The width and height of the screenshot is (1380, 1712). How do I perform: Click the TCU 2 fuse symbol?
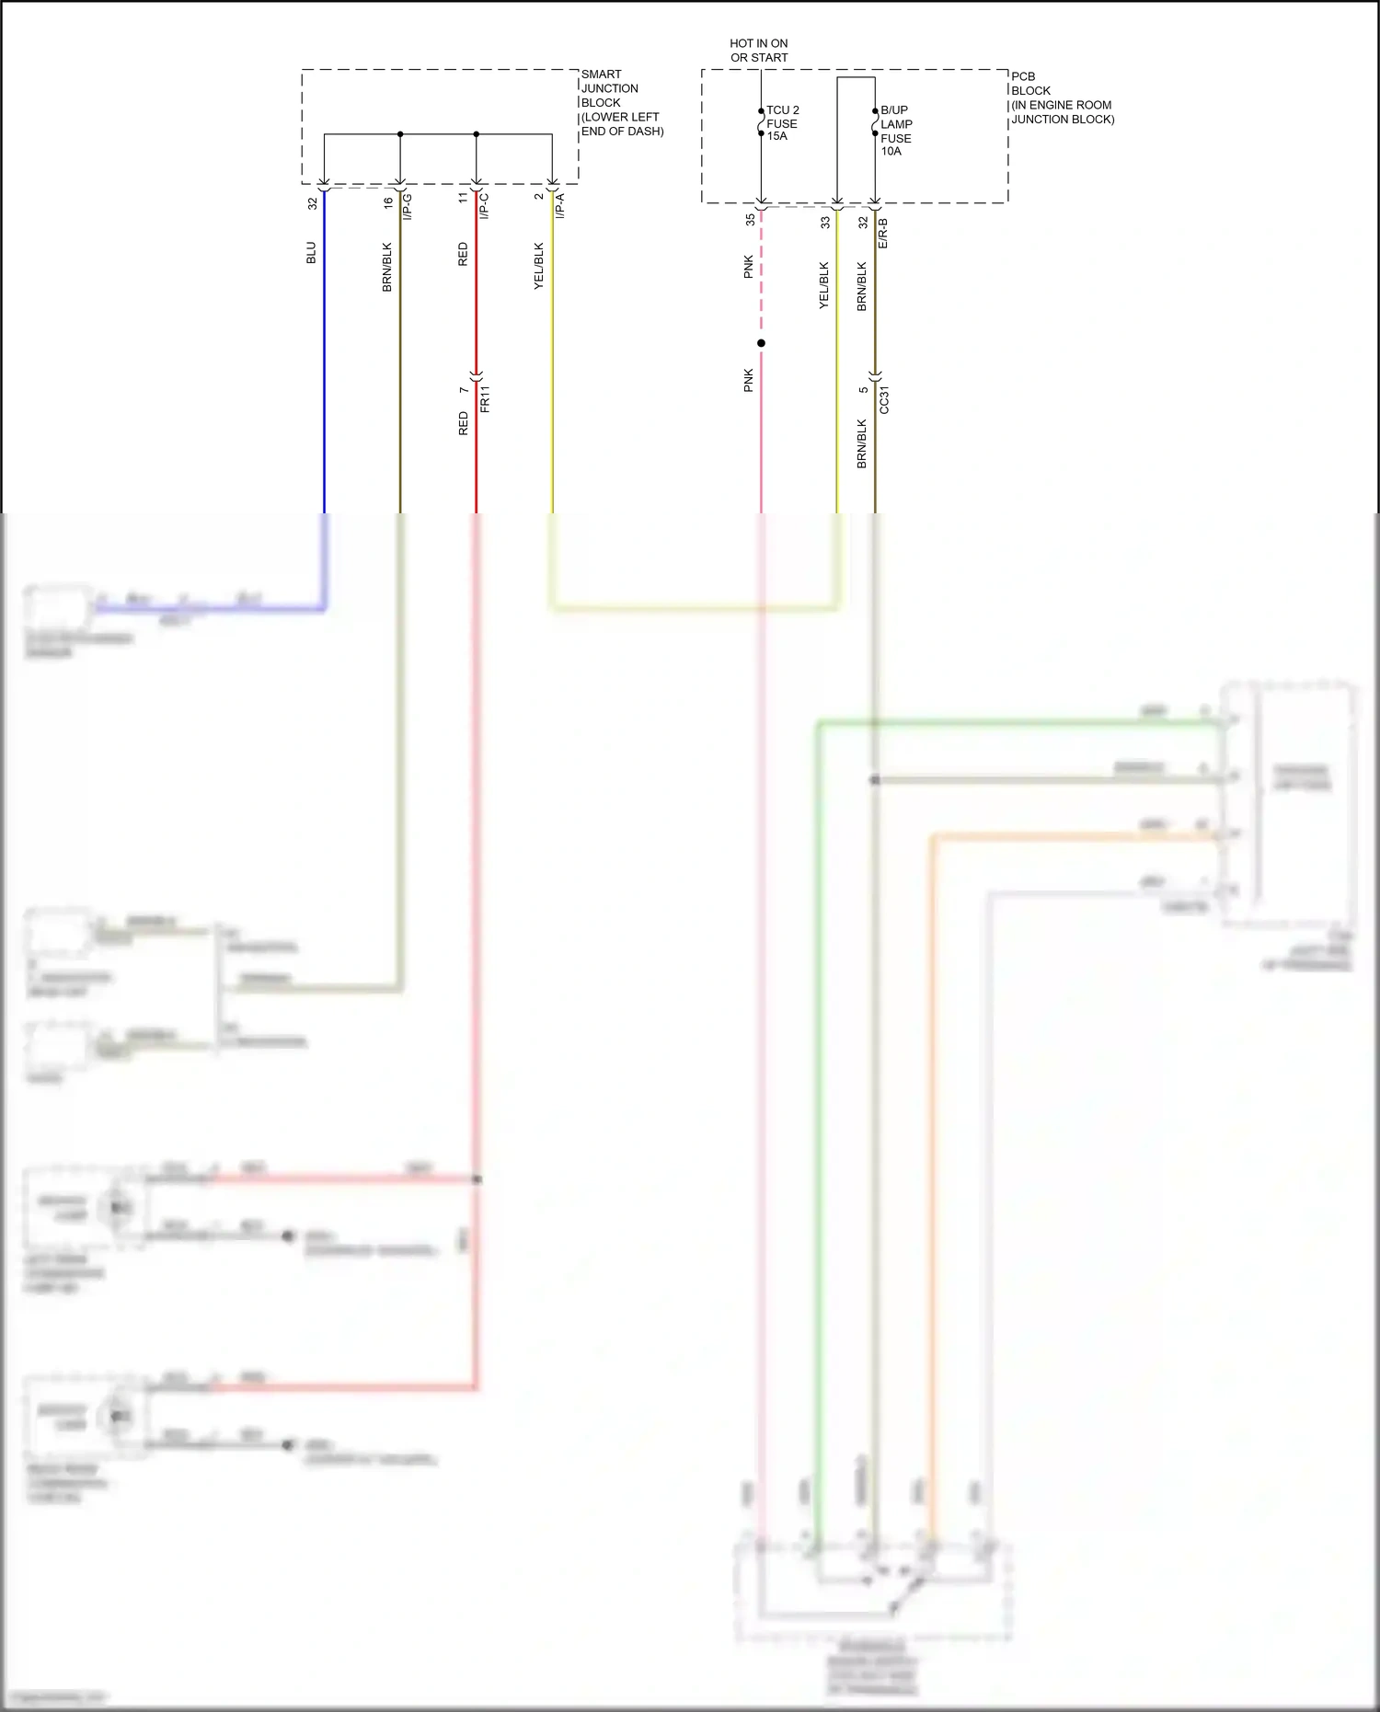point(762,122)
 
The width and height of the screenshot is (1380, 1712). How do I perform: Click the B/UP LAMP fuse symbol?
point(875,122)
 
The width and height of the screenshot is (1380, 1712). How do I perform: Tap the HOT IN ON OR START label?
point(759,51)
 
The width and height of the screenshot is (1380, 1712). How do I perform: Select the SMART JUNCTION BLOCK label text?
point(621,102)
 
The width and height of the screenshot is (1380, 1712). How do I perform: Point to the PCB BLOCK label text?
point(1062,98)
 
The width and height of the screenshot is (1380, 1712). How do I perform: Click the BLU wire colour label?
point(311,253)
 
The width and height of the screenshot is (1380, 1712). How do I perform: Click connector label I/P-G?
point(408,206)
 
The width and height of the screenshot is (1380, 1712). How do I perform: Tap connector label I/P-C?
point(484,206)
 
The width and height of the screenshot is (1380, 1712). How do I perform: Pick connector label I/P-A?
point(560,206)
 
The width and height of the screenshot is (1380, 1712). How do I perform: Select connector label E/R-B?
point(883,233)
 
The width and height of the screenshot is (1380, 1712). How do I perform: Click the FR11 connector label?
point(485,398)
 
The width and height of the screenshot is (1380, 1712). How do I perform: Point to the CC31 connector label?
point(884,399)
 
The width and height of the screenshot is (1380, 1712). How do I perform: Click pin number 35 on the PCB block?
point(750,220)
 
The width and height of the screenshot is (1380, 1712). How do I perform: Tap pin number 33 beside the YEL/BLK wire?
point(825,222)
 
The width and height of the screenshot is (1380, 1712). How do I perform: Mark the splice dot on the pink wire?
point(761,343)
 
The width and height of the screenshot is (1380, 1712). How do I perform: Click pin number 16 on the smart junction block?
point(388,202)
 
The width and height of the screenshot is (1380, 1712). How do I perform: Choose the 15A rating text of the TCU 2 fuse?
point(777,136)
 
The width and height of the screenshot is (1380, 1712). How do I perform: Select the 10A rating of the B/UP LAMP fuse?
point(891,151)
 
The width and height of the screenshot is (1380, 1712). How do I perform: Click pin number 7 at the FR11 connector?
point(464,389)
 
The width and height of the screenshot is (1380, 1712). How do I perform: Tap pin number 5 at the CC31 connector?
point(863,389)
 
